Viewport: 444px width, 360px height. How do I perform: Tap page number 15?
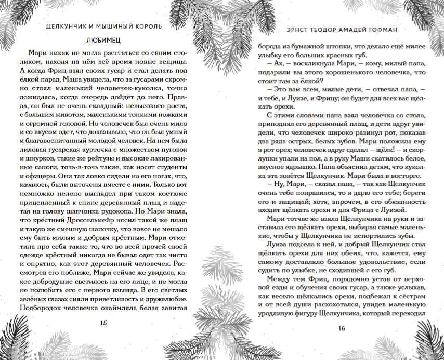click(x=103, y=323)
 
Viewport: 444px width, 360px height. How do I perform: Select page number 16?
click(x=341, y=328)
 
